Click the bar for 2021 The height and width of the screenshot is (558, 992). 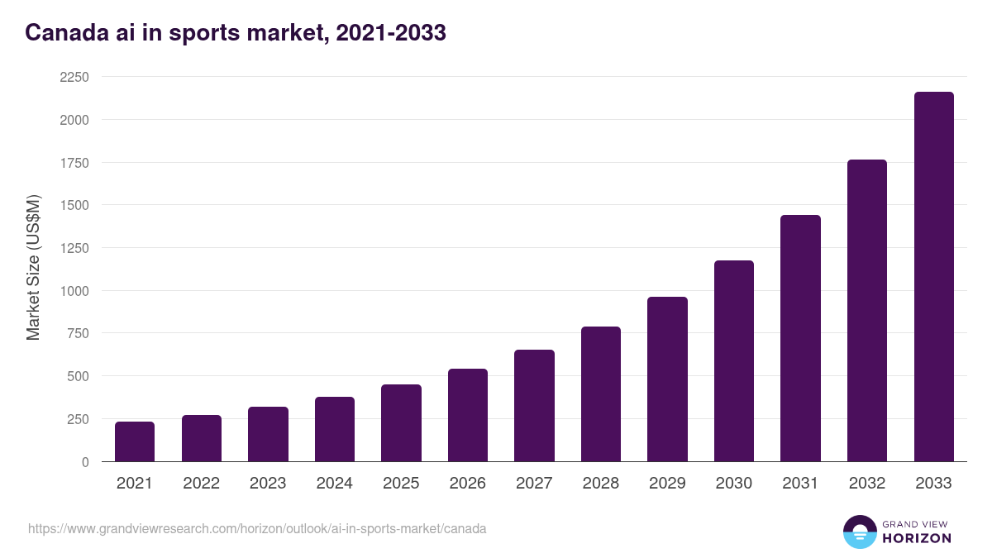[x=135, y=441]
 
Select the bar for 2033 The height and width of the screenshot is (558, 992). [x=933, y=277]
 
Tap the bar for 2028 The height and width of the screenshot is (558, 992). [x=601, y=394]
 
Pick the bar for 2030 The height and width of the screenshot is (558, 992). [x=734, y=361]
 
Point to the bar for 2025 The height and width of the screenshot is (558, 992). [x=401, y=423]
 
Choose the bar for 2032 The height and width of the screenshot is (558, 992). [x=867, y=311]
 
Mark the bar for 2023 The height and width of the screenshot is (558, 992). [x=268, y=434]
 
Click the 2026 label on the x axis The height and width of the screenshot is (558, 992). [x=467, y=484]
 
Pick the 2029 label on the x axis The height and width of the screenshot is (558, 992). [x=667, y=484]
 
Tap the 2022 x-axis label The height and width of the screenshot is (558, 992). [x=201, y=484]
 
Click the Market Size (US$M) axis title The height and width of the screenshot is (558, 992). [x=33, y=268]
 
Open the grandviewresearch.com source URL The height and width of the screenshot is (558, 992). [x=257, y=528]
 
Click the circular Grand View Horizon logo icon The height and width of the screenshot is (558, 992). [x=859, y=532]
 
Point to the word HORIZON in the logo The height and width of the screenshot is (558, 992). [x=917, y=538]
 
